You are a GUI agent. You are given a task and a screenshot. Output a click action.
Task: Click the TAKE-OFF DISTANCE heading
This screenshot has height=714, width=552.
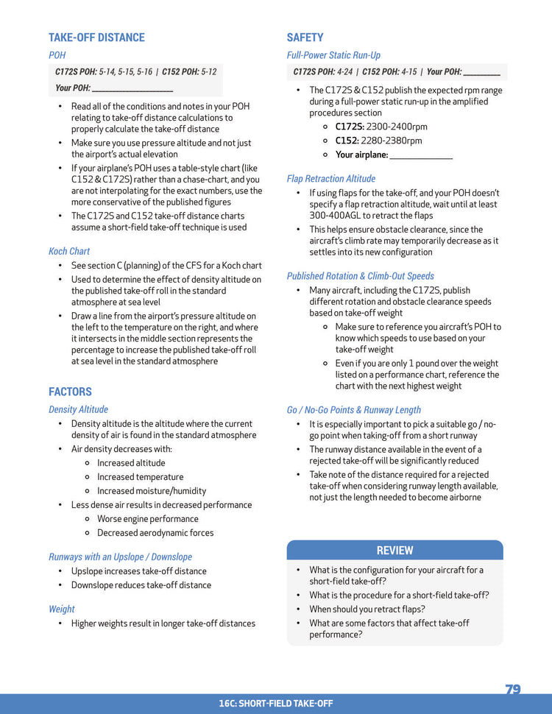pyautogui.click(x=96, y=38)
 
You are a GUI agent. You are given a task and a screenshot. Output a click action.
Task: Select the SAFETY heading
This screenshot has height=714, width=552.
pyautogui.click(x=305, y=38)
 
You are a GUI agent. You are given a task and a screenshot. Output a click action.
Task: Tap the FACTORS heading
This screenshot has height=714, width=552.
pyautogui.click(x=70, y=392)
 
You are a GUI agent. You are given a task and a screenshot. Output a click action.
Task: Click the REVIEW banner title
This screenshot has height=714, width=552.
pyautogui.click(x=394, y=551)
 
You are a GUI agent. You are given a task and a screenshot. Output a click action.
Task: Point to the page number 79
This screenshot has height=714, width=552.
pyautogui.click(x=513, y=690)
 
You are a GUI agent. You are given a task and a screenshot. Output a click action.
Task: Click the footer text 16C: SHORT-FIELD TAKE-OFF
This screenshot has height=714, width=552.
pyautogui.click(x=275, y=704)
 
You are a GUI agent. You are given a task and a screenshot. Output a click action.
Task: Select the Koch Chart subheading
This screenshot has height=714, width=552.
pyautogui.click(x=69, y=251)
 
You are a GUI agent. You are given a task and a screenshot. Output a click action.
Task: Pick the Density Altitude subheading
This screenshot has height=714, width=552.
pyautogui.click(x=78, y=409)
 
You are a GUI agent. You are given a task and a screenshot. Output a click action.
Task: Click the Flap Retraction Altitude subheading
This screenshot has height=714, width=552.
pyautogui.click(x=330, y=179)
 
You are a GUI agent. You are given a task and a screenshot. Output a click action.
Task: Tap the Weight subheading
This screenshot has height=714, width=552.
pyautogui.click(x=62, y=609)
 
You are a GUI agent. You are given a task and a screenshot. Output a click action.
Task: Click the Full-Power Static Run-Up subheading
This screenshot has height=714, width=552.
pyautogui.click(x=333, y=55)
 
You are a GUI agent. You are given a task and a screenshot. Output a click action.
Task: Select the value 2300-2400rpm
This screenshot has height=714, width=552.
pyautogui.click(x=397, y=127)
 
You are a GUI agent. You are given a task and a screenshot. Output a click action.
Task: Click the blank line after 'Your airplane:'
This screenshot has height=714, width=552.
pyautogui.click(x=421, y=156)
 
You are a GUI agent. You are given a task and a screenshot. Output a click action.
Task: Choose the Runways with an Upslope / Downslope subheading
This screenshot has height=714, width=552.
pyautogui.click(x=120, y=557)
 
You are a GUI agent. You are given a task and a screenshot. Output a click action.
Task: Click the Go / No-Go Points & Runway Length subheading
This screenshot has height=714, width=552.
pyautogui.click(x=354, y=410)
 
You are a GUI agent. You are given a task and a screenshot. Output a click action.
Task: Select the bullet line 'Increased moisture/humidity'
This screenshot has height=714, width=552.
pyautogui.click(x=152, y=491)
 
